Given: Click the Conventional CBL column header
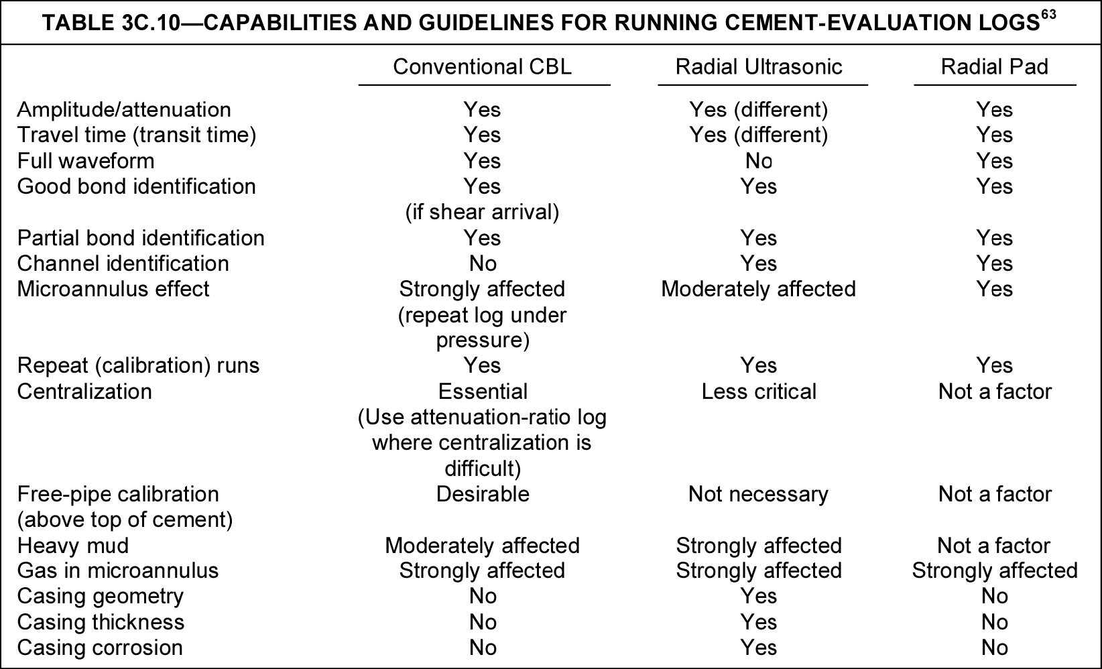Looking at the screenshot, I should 482,67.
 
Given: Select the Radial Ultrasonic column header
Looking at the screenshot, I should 759,67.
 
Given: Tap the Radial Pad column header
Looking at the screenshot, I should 994,67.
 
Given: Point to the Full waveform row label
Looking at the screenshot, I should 86,161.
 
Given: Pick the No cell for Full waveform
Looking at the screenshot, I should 759,161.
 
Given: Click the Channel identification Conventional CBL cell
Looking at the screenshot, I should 483,263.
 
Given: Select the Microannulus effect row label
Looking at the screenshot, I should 113,289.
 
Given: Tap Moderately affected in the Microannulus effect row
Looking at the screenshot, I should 759,289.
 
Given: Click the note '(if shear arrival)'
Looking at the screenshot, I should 482,212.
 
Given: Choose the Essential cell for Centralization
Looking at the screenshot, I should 483,391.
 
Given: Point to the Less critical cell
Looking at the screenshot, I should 759,391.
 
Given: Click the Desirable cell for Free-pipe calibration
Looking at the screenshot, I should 483,494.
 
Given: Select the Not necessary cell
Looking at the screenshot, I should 758,494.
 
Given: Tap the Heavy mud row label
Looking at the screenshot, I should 73,546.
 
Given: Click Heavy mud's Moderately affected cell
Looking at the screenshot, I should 482,546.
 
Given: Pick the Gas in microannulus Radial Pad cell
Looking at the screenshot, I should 995,570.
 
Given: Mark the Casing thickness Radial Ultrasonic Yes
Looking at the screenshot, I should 759,622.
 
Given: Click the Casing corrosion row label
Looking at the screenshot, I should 100,648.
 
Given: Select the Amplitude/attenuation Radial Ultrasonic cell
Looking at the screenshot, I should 759,109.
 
